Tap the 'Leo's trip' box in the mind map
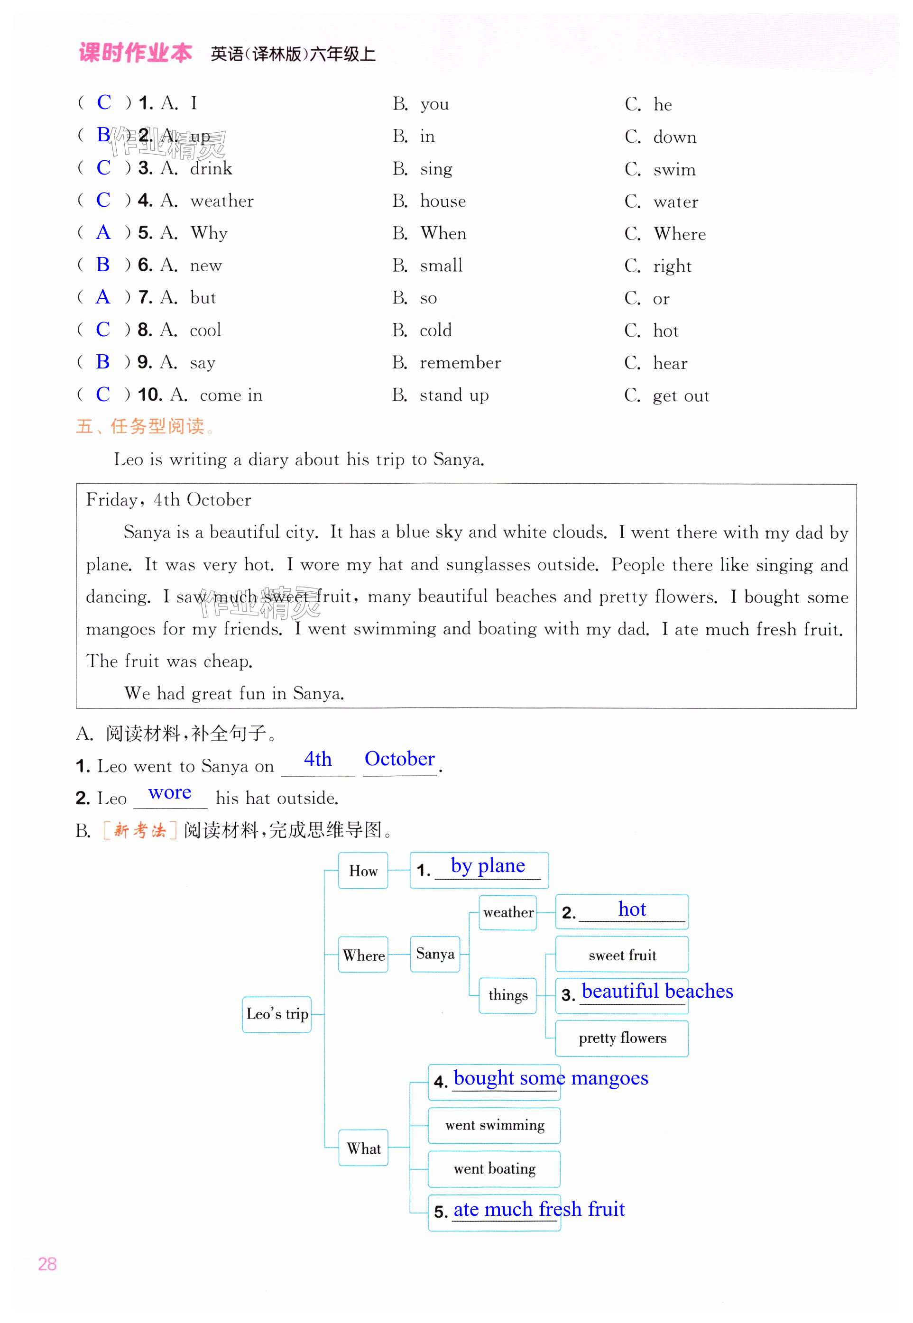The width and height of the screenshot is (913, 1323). point(277,1014)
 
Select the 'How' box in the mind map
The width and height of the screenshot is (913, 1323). point(363,871)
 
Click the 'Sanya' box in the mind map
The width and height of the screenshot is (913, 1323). point(435,954)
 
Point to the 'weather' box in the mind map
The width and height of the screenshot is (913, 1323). point(507,912)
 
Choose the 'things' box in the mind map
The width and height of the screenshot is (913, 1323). point(507,995)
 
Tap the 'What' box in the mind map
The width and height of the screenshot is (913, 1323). point(363,1148)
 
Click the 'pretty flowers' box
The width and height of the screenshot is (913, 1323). point(622,1038)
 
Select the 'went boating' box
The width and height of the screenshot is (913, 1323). point(494,1168)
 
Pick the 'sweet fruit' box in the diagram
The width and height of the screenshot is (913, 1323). point(622,955)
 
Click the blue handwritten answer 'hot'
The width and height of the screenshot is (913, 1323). point(632,909)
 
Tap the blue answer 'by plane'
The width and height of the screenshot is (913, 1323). point(488,866)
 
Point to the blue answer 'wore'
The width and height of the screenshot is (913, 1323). point(169,793)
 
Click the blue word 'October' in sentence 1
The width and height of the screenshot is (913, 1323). point(399,759)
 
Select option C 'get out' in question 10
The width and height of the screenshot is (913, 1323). point(681,396)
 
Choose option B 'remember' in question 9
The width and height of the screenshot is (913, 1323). point(460,363)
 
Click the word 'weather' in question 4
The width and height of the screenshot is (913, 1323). point(222,201)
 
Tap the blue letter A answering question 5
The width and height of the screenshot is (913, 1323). point(103,232)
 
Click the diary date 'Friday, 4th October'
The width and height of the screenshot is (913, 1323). point(168,500)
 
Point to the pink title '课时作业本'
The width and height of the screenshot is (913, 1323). point(135,53)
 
